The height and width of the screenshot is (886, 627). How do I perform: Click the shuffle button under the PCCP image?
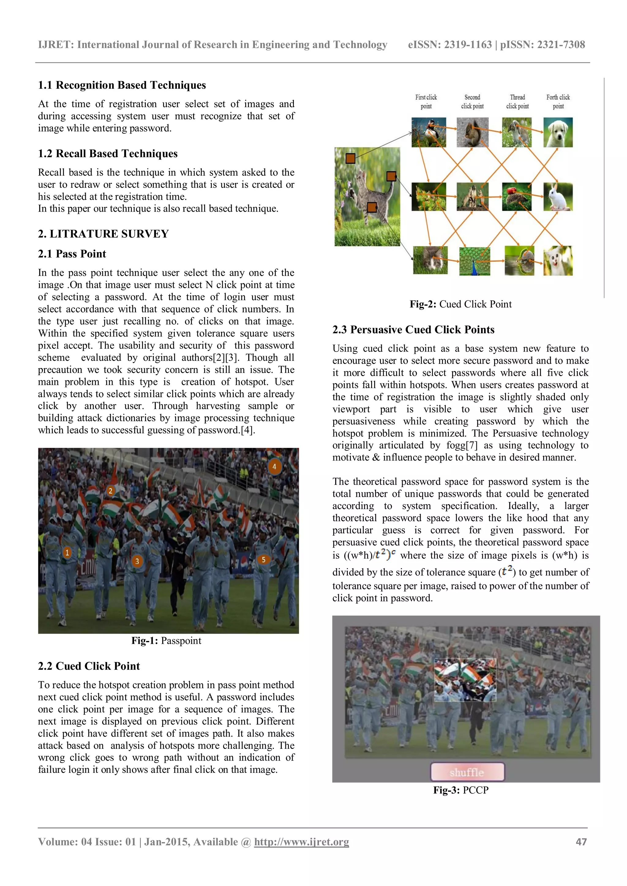467,772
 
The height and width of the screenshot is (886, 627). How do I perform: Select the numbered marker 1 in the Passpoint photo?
67,553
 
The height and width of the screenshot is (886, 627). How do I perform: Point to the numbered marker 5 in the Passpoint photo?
263,560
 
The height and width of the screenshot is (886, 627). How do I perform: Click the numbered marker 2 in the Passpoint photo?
111,491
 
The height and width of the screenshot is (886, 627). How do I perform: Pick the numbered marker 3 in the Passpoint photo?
137,561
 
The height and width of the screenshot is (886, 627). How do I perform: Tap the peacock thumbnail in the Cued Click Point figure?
475,261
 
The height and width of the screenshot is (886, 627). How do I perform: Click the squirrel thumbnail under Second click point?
472,132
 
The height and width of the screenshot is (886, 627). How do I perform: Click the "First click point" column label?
426,102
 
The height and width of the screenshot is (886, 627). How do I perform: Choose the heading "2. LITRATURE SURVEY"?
103,234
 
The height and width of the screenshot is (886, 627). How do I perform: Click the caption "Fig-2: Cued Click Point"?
460,304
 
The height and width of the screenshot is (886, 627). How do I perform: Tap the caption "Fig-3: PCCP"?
460,790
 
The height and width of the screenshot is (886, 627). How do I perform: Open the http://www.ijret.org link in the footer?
301,842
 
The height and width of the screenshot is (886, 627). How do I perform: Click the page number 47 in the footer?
581,842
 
